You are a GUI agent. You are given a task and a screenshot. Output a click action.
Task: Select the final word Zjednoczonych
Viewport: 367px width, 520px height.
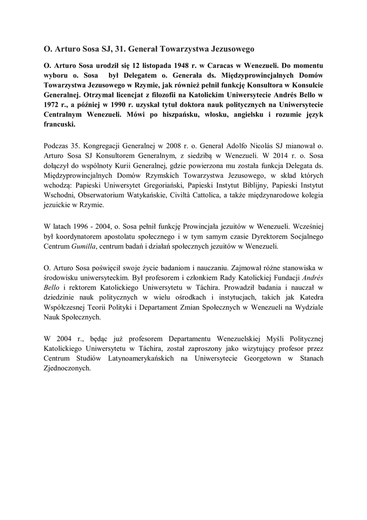67,369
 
